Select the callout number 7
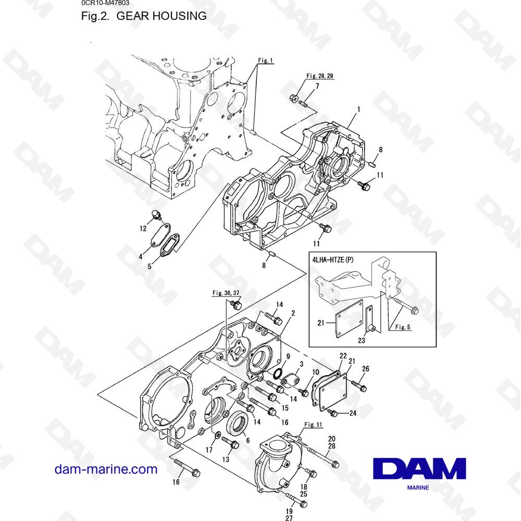coord(317,85)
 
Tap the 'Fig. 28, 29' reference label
coord(319,76)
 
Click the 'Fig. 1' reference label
coord(265,60)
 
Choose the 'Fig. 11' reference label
coord(313,425)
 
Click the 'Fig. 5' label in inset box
coord(402,328)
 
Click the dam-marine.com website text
coord(106,469)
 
